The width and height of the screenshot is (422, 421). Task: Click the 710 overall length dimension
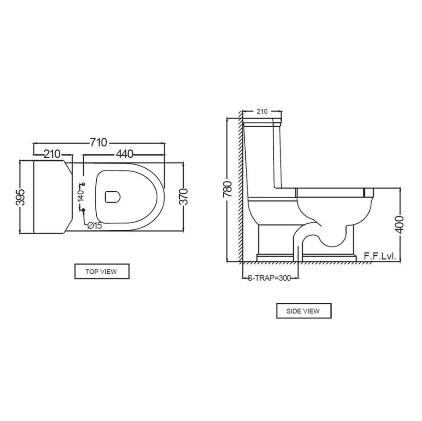pos(98,142)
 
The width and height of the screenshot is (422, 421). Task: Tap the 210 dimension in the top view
pos(52,154)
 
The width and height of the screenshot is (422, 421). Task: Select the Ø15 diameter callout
pos(95,225)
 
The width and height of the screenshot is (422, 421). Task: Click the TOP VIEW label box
pos(102,272)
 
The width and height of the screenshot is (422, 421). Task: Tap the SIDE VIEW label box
pos(303,311)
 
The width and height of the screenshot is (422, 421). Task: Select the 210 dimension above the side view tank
pos(262,111)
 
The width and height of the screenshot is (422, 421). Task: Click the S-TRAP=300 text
pos(269,278)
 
